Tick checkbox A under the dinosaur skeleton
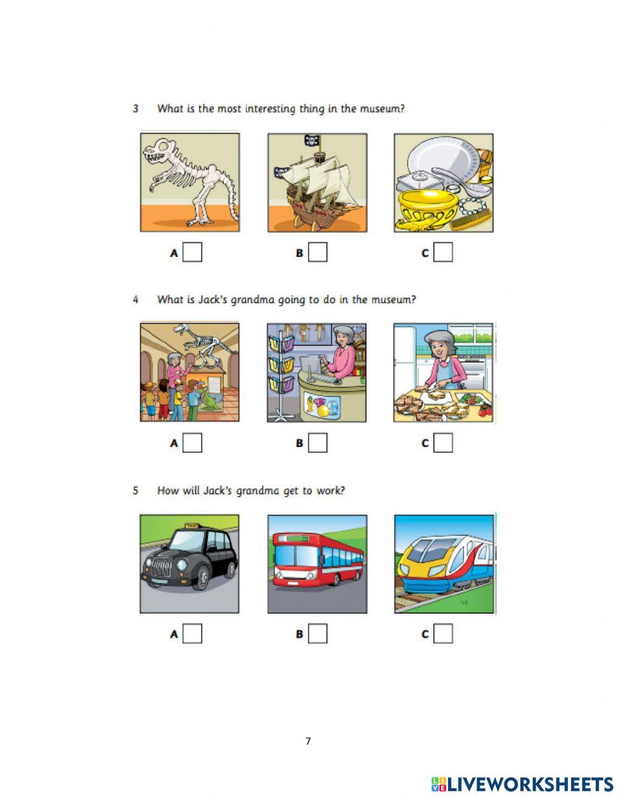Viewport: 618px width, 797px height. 192,252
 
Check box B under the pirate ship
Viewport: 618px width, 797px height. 318,252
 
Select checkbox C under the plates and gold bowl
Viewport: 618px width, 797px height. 443,252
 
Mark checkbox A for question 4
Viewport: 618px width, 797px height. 192,443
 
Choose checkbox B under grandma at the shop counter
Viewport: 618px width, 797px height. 318,443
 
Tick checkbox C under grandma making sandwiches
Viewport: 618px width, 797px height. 443,443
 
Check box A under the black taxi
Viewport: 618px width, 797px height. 192,633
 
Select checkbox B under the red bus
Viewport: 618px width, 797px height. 318,633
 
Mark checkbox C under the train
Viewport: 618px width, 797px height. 443,633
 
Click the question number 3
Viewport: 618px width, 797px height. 136,109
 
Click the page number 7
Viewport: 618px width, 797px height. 308,741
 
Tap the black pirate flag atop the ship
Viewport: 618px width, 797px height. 311,140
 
